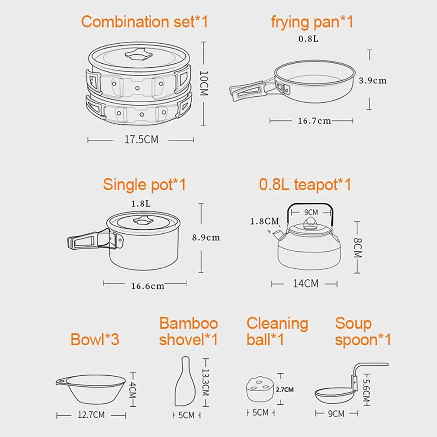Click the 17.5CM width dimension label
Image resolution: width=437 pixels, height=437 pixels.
(141, 139)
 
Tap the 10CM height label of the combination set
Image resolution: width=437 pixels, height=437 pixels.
(204, 83)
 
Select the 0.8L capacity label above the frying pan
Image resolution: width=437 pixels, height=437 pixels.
(308, 39)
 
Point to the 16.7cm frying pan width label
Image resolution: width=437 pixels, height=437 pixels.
(314, 121)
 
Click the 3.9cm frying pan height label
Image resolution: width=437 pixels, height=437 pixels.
(373, 80)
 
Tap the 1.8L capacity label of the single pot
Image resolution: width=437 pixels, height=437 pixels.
(141, 204)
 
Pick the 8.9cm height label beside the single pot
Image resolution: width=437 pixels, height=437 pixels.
(206, 237)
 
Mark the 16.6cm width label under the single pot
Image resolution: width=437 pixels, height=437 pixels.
(148, 286)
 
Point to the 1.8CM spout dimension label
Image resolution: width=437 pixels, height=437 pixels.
(264, 221)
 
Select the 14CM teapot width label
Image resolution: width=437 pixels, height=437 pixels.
(305, 284)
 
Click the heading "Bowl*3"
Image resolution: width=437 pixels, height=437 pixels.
(95, 339)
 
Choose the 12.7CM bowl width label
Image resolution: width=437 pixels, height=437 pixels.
(91, 415)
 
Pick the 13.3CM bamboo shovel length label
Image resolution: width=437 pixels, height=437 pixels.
(205, 382)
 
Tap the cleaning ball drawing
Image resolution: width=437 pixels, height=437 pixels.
(260, 389)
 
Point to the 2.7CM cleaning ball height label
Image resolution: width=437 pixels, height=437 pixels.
(284, 389)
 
